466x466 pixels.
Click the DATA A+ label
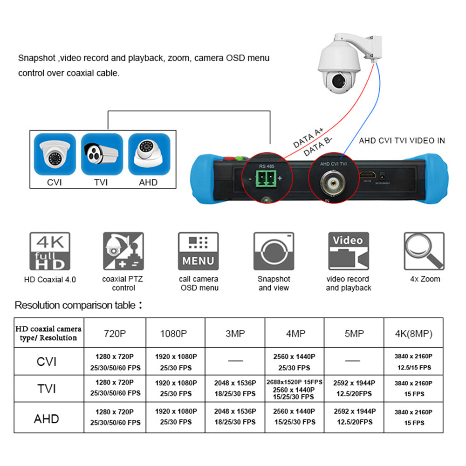[x=308, y=138]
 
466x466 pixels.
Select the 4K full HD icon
[x=50, y=252]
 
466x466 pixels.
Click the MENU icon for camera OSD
[x=199, y=252]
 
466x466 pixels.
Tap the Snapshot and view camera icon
[x=274, y=252]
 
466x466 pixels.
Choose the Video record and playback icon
[x=348, y=252]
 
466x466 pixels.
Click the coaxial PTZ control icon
[x=123, y=252]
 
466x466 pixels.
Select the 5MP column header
[x=354, y=334]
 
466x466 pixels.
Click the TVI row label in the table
[x=47, y=388]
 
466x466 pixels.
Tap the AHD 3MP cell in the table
[x=235, y=417]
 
